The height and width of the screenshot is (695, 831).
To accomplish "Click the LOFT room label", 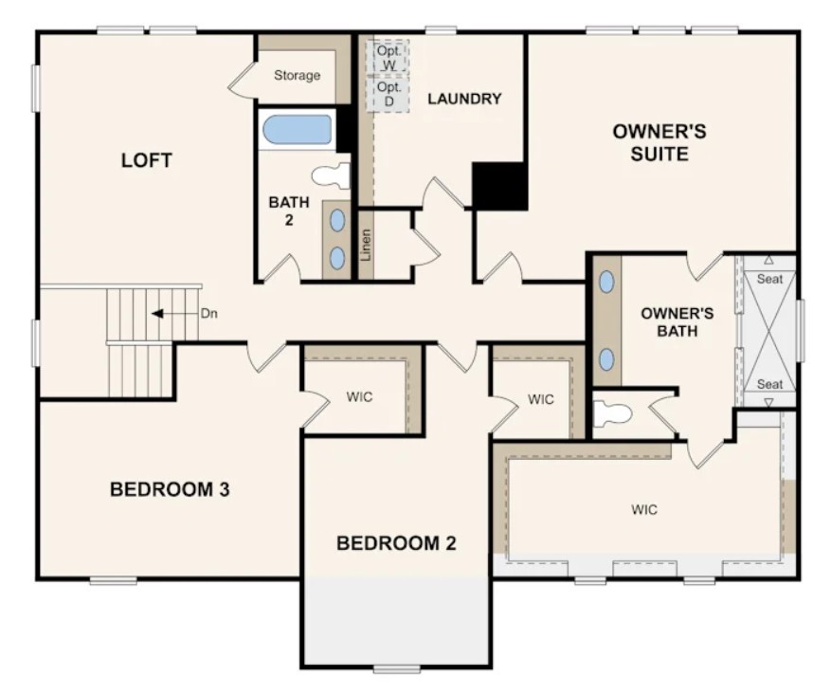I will click(x=147, y=160).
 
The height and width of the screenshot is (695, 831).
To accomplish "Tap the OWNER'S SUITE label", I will click(x=659, y=142).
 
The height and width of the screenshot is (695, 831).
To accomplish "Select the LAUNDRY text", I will click(x=463, y=99).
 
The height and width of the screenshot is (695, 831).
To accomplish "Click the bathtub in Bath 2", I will click(x=297, y=130).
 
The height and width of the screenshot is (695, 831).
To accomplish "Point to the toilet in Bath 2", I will click(x=331, y=175).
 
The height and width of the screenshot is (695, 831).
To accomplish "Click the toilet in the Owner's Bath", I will click(x=613, y=413).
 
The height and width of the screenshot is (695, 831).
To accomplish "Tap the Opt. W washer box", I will click(x=388, y=57).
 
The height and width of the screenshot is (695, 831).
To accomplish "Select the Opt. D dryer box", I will click(x=388, y=93).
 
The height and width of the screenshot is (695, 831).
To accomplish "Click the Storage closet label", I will click(x=297, y=75).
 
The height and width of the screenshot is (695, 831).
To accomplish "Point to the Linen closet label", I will click(x=366, y=245).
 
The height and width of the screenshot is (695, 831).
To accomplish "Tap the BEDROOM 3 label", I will click(x=171, y=490).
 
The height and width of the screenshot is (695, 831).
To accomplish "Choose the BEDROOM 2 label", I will click(x=396, y=543).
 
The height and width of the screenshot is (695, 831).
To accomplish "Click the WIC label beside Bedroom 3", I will click(x=359, y=397).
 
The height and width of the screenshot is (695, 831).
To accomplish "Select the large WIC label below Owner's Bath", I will click(x=643, y=510).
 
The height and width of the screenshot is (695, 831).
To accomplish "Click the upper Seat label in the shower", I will click(x=769, y=279).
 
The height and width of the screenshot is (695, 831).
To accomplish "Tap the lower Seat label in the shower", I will click(x=769, y=384).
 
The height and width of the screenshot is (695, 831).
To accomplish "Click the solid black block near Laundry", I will click(x=498, y=186).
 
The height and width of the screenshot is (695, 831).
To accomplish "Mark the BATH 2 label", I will click(x=288, y=210).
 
